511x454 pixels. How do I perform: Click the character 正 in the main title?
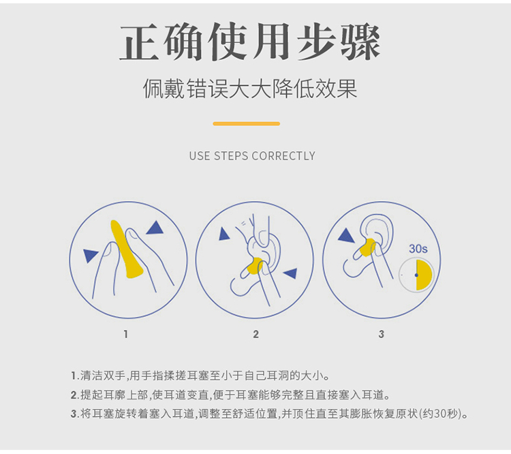140,42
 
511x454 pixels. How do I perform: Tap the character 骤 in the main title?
360,42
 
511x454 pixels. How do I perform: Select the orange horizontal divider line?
247,123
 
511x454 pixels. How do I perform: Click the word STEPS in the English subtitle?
231,156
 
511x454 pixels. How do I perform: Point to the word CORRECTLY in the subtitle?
283,156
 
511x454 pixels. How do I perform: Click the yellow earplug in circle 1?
125,249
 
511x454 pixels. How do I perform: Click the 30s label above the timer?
418,249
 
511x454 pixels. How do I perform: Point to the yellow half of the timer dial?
424,275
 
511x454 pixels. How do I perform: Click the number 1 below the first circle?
126,334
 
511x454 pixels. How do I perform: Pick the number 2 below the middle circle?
255,334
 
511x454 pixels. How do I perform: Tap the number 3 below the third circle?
382,334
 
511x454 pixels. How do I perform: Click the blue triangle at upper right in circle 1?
155,228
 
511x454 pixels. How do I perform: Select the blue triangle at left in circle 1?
90,255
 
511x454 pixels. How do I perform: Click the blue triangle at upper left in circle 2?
223,234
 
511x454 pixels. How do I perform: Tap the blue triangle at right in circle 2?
291,273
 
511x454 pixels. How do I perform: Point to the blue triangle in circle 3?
345,235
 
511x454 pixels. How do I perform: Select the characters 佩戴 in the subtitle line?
164,89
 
